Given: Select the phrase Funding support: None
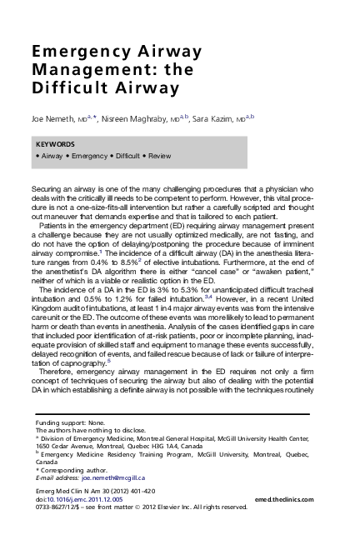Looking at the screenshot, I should click(71, 423).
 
